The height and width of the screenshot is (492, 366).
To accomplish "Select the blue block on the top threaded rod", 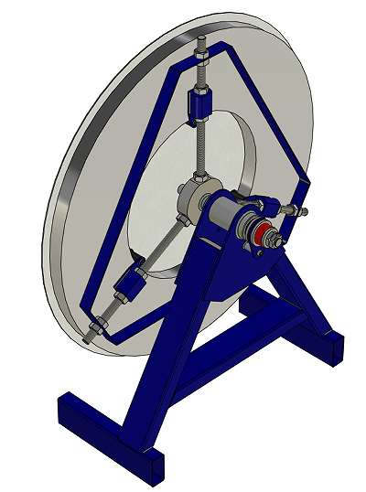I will (x=200, y=103).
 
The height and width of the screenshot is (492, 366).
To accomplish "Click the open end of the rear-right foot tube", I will (x=335, y=348).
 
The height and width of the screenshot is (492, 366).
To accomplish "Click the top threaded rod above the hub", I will (x=201, y=146).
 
